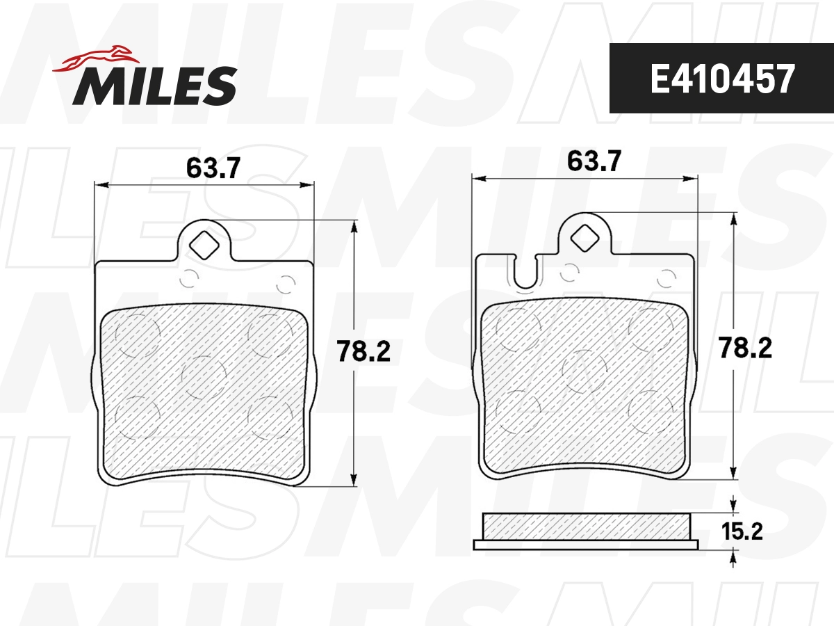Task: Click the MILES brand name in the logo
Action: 155,86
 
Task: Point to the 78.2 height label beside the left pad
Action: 363,351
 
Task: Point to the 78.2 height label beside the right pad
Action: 746,347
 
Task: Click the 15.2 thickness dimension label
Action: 743,532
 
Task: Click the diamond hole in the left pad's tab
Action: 204,243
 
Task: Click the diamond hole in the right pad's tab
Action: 584,237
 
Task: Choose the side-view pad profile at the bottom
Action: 586,531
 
